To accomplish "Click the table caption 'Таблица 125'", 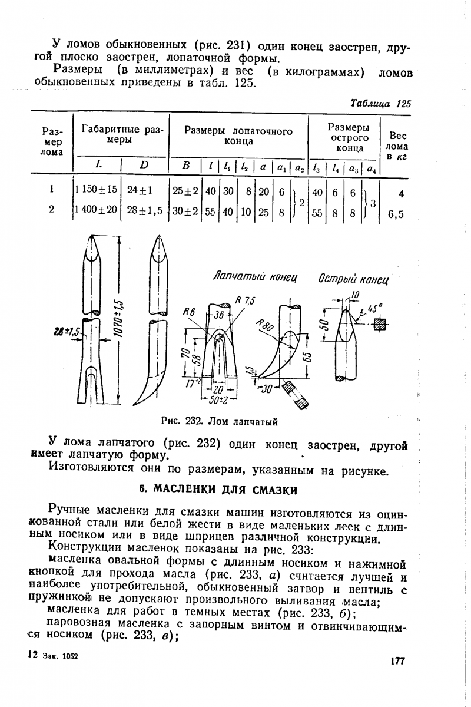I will click(380, 103).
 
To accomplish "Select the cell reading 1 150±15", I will click(96, 190).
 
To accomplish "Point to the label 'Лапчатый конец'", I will click(255, 276).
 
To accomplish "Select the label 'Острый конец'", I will click(354, 277).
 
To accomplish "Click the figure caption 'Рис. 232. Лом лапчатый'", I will click(219, 421).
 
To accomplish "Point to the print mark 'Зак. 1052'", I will click(61, 656).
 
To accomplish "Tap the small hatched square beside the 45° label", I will click(379, 324).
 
